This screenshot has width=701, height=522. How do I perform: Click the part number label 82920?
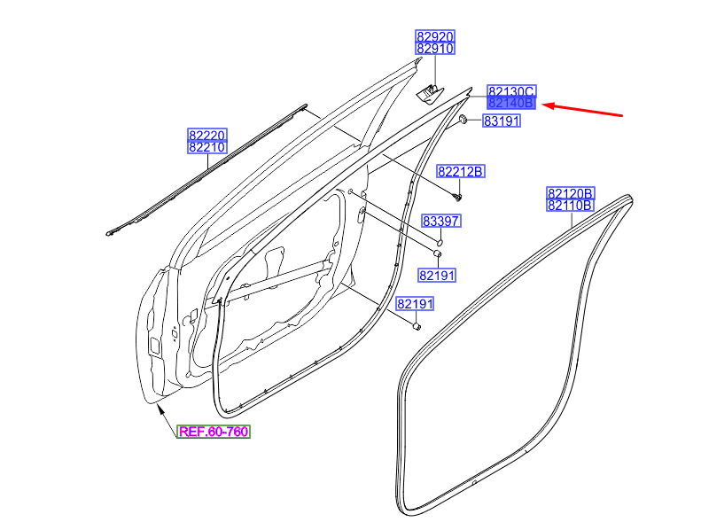[435, 36]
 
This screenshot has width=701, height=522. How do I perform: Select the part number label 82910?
[435, 48]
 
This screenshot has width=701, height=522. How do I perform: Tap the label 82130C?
[511, 91]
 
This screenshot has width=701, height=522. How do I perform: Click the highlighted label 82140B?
[511, 103]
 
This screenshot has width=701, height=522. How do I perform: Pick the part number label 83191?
[502, 121]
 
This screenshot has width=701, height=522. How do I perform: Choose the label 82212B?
[461, 172]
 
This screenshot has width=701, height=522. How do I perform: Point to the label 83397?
[440, 221]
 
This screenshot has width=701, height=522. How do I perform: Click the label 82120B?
[571, 193]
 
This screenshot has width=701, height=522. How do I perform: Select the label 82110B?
[571, 205]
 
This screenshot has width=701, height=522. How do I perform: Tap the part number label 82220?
[207, 135]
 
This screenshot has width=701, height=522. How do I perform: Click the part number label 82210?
[207, 147]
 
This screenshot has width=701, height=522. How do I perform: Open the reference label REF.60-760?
[214, 432]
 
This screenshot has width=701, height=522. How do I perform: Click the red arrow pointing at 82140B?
[582, 110]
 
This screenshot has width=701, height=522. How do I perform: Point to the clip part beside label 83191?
[463, 120]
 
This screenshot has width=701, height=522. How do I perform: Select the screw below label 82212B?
[457, 196]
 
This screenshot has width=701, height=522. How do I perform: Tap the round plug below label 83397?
[440, 242]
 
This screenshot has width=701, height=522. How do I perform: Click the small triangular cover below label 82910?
[429, 94]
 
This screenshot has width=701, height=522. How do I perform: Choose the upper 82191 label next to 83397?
[437, 276]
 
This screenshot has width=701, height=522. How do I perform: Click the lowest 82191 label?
[416, 304]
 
